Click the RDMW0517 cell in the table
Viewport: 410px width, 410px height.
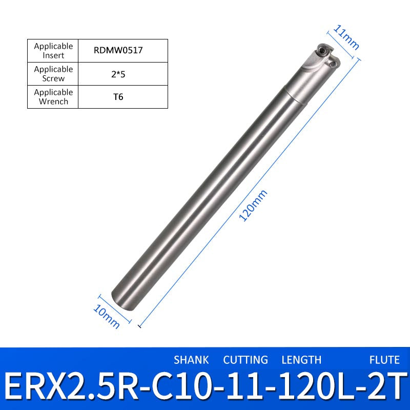(x=118, y=50)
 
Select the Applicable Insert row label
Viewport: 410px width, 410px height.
(x=53, y=50)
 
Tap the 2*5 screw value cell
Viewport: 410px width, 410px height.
(x=118, y=74)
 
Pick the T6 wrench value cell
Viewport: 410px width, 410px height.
(x=118, y=97)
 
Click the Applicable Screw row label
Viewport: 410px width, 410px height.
(x=53, y=73)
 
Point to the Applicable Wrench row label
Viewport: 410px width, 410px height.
(x=53, y=96)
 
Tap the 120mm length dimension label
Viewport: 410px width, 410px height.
(x=253, y=206)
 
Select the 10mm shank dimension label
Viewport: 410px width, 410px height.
(x=107, y=317)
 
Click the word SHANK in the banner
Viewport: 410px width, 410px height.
(x=191, y=360)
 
